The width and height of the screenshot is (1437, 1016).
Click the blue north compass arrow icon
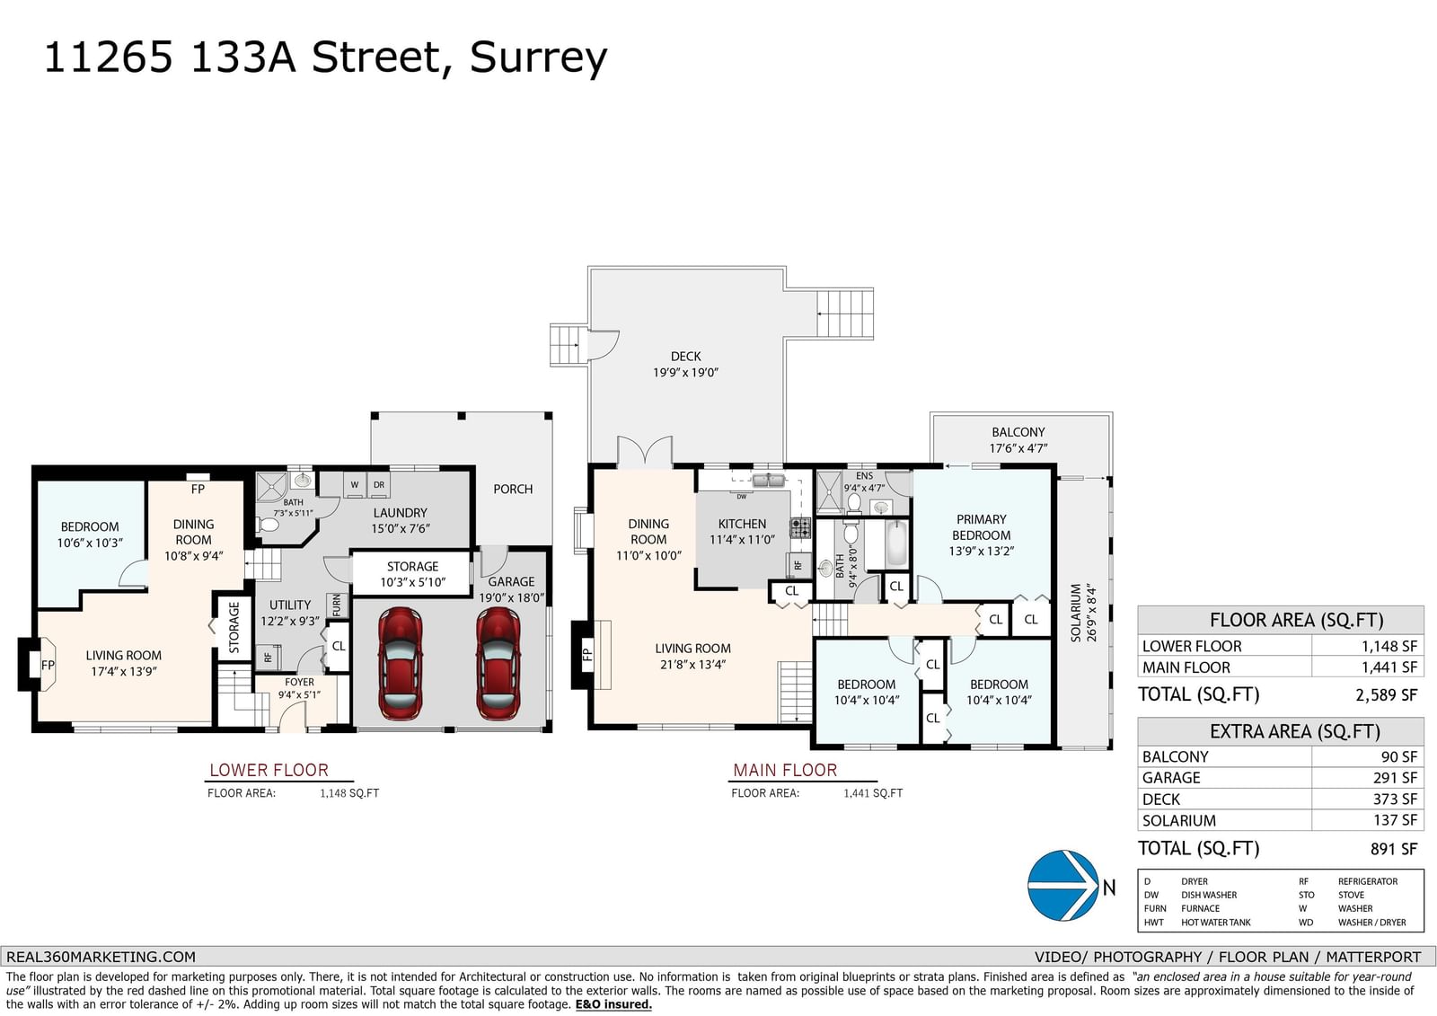tap(1063, 886)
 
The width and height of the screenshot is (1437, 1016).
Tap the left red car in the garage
tap(401, 663)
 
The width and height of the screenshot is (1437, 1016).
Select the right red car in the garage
tap(498, 663)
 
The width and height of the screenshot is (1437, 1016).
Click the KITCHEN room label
tap(742, 524)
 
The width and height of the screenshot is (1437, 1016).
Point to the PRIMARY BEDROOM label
tap(982, 527)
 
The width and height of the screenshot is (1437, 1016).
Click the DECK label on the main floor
tap(686, 357)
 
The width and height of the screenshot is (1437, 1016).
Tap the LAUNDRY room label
tap(401, 513)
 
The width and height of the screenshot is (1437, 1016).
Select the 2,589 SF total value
tap(1387, 694)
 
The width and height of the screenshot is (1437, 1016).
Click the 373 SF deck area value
tap(1395, 800)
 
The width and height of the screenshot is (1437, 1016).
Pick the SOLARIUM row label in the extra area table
tap(1179, 820)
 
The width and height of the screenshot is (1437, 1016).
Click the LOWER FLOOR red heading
tap(269, 770)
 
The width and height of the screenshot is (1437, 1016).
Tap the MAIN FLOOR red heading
tap(785, 770)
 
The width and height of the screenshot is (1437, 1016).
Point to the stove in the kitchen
tap(800, 528)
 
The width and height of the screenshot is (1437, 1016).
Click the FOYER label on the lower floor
tap(300, 682)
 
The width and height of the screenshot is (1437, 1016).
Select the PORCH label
tap(513, 489)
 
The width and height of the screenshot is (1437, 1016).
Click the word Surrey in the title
tap(538, 57)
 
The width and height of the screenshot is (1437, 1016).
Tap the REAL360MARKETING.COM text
tap(101, 957)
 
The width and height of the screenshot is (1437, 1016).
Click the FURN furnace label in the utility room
tap(336, 605)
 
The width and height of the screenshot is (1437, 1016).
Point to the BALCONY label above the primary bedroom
tap(1018, 433)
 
